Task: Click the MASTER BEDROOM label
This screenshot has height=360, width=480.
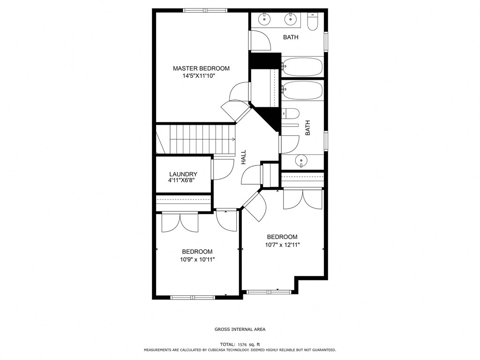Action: [x=201, y=68]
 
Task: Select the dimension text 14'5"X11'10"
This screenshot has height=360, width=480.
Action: [x=199, y=76]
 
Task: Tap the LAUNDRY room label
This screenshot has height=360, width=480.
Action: [x=183, y=174]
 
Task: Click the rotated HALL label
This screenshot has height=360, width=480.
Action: [x=244, y=157]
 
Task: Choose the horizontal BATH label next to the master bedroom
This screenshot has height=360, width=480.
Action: [x=291, y=37]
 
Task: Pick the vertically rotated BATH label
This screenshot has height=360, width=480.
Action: [x=308, y=128]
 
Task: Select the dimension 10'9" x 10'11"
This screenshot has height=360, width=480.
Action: [x=197, y=259]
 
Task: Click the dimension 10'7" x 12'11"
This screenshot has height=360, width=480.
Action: [x=282, y=245]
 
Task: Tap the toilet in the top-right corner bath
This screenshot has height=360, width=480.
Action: [x=313, y=21]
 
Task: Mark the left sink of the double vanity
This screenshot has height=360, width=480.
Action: [x=265, y=19]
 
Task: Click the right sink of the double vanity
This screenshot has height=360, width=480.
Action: [x=291, y=19]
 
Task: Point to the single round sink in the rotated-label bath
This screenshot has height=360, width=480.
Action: [x=300, y=162]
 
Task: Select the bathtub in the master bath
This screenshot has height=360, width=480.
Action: [x=302, y=67]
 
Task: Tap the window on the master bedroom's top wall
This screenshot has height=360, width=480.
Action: [x=205, y=10]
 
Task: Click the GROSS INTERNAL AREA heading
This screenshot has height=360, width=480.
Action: [x=240, y=330]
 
